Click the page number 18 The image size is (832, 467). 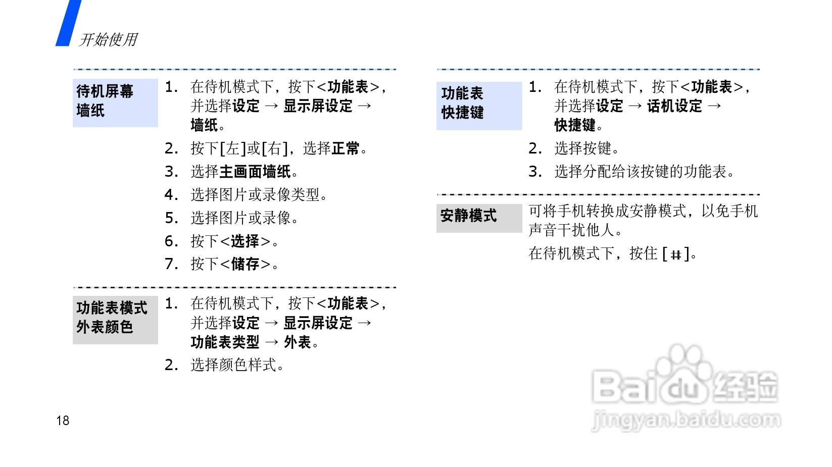63,421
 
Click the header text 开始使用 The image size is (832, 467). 108,39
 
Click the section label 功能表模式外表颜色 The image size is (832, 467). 112,318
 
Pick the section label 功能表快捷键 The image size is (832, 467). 462,103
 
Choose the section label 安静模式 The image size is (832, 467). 468,216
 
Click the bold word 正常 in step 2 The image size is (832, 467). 346,148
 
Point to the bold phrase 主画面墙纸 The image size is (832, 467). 255,172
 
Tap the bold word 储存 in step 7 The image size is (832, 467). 245,264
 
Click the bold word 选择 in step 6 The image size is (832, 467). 245,241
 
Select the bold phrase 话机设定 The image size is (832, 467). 674,106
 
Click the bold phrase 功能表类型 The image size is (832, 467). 225,342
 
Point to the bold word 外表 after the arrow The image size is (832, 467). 298,342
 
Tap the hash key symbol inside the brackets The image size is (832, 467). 676,254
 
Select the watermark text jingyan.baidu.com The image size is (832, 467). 686,420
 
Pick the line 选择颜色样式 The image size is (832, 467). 237,365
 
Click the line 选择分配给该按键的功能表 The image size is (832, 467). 644,172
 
